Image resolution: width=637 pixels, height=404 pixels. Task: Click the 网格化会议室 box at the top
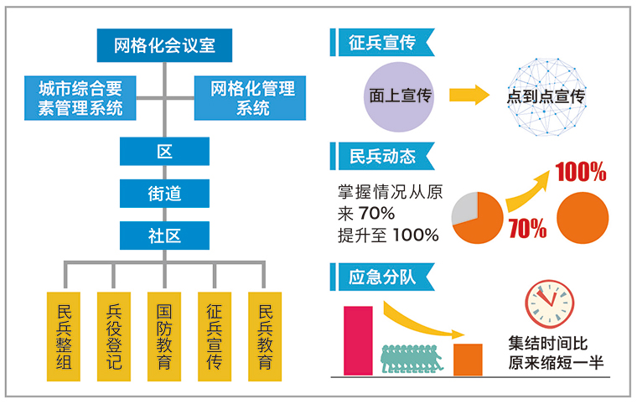tap(164, 45)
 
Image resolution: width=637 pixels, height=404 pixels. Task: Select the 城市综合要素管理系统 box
tap(80, 98)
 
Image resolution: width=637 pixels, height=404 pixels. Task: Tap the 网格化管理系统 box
tap(250, 98)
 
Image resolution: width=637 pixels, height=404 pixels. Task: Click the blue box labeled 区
tap(164, 151)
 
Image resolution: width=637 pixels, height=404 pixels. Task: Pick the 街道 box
tap(164, 194)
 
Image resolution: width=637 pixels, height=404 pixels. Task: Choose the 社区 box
tap(164, 236)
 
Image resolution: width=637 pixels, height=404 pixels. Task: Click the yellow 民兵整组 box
tap(64, 337)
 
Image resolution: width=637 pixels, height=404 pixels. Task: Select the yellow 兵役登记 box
tap(114, 337)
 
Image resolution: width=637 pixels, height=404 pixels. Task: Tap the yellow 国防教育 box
tap(164, 337)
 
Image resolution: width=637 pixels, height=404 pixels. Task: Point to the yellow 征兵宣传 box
tap(215, 337)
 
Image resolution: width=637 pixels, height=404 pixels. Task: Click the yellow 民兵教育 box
tap(265, 337)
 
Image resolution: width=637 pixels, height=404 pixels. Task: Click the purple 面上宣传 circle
tap(399, 96)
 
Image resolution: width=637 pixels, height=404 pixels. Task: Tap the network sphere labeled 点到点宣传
tap(546, 96)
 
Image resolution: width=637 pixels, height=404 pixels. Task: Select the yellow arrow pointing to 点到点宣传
tap(469, 95)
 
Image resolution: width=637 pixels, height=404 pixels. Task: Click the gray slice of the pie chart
tap(465, 207)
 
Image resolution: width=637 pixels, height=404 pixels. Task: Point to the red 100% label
tap(581, 172)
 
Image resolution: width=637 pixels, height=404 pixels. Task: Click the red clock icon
tap(549, 304)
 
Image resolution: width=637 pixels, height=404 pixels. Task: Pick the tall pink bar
tap(358, 340)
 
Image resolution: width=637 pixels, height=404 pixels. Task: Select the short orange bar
tap(468, 360)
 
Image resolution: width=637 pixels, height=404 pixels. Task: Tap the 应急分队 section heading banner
tap(382, 277)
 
